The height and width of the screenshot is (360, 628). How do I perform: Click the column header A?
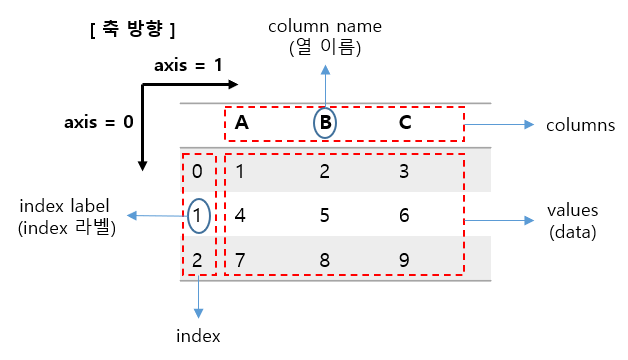(x=241, y=124)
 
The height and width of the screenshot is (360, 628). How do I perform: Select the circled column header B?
(x=325, y=124)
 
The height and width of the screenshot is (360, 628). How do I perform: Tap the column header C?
(x=405, y=124)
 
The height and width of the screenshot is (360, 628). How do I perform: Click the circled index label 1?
(x=197, y=214)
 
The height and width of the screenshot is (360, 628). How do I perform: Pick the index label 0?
(x=197, y=171)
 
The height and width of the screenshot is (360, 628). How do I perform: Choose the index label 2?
(x=197, y=258)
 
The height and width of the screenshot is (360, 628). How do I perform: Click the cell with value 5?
(x=325, y=214)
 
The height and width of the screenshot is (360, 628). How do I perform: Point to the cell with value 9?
(x=404, y=258)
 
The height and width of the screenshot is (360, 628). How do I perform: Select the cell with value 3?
(x=404, y=171)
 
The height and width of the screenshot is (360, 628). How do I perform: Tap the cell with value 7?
(x=240, y=258)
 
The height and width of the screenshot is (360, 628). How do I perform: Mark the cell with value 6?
(x=404, y=214)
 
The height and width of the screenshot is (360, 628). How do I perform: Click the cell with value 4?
(x=240, y=214)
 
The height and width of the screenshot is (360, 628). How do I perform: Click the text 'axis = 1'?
(x=188, y=66)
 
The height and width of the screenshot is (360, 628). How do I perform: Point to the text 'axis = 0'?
(x=98, y=124)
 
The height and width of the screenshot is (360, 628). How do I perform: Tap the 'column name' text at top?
(x=325, y=24)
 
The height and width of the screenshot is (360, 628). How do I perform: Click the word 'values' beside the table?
(x=572, y=210)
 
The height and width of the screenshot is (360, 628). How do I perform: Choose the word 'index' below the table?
(x=199, y=336)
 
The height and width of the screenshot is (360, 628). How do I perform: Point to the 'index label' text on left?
(x=64, y=206)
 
